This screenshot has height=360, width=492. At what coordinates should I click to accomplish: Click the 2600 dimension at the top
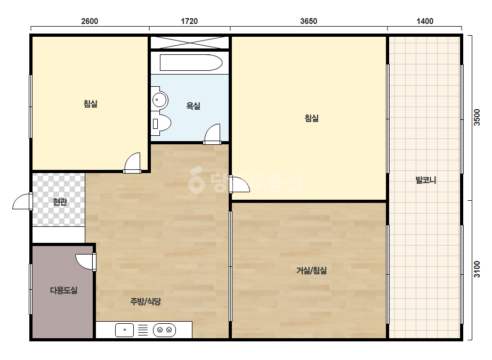pos(90,21)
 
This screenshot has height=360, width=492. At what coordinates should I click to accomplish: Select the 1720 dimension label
pos(189,21)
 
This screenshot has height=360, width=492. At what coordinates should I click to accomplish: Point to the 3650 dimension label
pos(309,21)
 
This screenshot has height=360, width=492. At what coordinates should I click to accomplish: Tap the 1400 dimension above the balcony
pos(425,21)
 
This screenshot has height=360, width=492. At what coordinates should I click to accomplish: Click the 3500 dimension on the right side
pos(477,117)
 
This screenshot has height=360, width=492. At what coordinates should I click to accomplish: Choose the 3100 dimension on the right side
pos(477,269)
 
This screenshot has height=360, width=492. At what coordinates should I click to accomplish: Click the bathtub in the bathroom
pos(191,63)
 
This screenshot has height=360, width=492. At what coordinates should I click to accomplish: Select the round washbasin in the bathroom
pos(160,100)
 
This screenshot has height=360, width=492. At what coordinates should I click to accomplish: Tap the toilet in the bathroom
pos(162,124)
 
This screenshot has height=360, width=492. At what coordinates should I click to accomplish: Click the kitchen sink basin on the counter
pos(125,330)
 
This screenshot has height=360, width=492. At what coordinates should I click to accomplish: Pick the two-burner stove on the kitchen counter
pos(164,330)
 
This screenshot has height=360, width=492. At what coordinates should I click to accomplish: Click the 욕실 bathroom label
pos(193,106)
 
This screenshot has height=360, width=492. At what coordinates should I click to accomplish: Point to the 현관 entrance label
pos(60,202)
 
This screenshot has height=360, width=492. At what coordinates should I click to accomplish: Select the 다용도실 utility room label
pos(63,290)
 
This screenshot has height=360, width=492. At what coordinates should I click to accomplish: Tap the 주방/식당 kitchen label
pos(146,301)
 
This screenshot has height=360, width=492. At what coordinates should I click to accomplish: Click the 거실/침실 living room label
pos(312,271)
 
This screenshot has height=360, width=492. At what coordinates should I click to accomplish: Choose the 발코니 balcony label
pos(426,180)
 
